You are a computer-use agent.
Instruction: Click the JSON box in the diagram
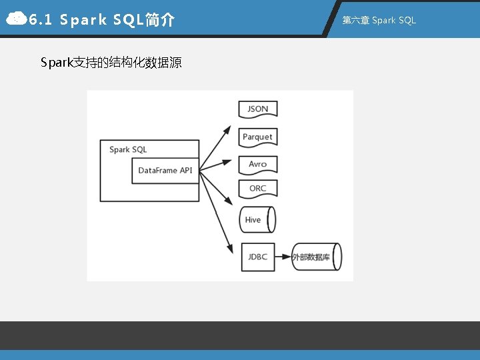click(x=257, y=109)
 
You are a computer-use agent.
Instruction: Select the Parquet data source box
click(x=257, y=137)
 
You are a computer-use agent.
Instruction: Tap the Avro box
click(x=257, y=164)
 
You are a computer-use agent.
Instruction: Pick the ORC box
click(x=257, y=189)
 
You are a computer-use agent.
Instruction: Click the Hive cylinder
click(x=257, y=219)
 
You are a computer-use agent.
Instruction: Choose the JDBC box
click(x=257, y=257)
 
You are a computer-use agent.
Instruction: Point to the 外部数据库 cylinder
click(x=315, y=257)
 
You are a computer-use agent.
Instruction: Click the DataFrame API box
click(x=165, y=171)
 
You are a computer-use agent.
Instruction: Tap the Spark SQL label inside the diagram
click(x=128, y=149)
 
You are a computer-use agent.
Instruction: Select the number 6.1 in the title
click(x=41, y=20)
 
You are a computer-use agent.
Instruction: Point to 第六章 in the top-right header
click(x=355, y=20)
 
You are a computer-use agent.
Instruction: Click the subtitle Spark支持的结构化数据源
click(x=111, y=63)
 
